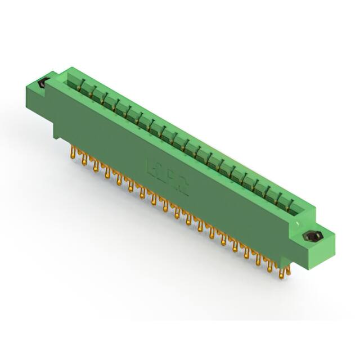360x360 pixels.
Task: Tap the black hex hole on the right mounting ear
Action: [309, 236]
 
